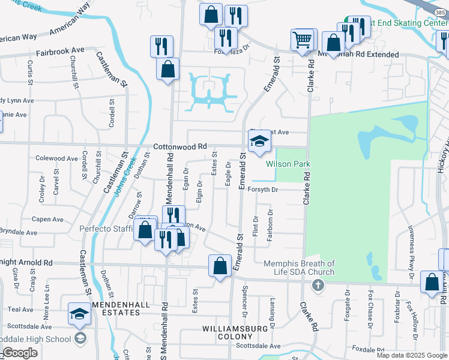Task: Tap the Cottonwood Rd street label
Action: click(x=179, y=146)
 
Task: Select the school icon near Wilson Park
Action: click(x=260, y=142)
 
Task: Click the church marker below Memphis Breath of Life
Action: click(x=318, y=284)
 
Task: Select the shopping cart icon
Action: click(x=303, y=41)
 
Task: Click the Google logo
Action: click(x=20, y=353)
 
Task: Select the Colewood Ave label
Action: click(x=57, y=158)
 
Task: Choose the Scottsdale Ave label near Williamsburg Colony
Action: click(x=258, y=346)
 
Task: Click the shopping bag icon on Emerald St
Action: click(x=220, y=266)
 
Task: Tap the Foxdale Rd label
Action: click(x=367, y=349)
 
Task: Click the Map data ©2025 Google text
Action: click(x=411, y=355)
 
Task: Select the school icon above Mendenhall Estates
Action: click(x=79, y=314)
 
